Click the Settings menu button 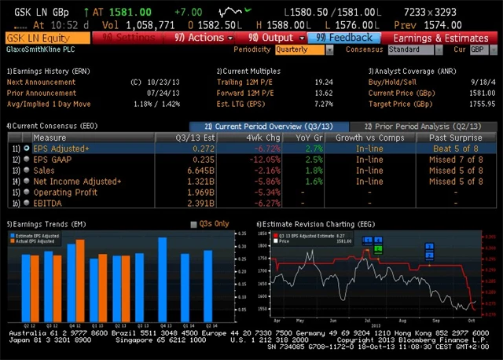[125, 38]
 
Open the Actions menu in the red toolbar [202, 38]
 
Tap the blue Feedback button [345, 38]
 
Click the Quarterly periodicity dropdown [303, 50]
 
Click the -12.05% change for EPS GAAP [263, 159]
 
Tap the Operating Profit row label [65, 192]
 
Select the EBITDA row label [47, 203]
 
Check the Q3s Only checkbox [195, 224]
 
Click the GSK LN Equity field [47, 38]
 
